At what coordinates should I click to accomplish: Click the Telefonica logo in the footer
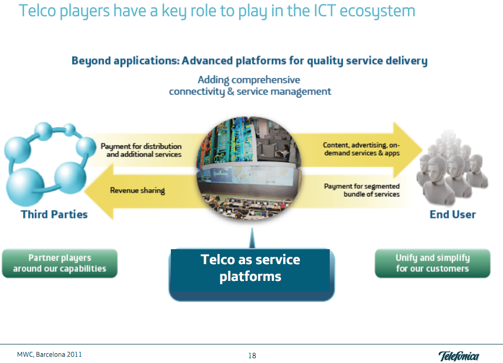point(458,356)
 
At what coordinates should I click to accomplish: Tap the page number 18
point(252,356)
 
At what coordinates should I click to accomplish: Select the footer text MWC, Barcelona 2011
point(46,355)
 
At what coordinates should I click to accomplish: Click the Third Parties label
point(54,214)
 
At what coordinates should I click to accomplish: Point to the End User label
point(453,214)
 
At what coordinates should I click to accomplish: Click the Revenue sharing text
point(137,190)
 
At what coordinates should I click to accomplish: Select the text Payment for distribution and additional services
point(141,150)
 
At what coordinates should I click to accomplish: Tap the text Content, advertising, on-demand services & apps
point(361,149)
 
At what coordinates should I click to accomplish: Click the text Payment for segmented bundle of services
point(362,190)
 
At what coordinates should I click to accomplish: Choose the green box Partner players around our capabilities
point(60,263)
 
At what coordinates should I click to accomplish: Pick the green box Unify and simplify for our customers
point(432,263)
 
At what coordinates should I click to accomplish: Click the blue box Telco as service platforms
point(251,268)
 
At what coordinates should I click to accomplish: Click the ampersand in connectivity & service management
point(230,91)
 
